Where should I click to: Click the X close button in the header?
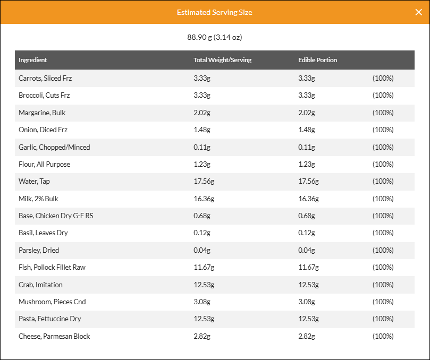418,12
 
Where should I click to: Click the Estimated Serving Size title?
214,12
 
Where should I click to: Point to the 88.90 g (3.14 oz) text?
214,37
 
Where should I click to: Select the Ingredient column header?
32,60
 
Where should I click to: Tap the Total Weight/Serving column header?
222,60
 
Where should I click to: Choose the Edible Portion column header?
317,60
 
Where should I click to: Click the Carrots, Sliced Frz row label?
45,79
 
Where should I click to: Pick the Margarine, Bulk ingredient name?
42,113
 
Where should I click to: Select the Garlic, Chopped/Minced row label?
54,147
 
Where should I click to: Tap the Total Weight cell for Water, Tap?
204,182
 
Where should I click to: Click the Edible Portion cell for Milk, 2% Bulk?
308,199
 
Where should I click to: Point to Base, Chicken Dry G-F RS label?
56,216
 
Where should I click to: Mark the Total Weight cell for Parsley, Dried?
202,250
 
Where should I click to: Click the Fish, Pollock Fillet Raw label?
52,268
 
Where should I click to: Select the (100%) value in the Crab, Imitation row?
383,285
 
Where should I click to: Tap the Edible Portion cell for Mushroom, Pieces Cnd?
307,302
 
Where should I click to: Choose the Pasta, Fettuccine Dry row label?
49,319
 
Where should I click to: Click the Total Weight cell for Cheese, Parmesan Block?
202,336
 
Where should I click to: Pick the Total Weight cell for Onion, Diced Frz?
202,130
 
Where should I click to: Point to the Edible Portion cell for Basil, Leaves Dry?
307,233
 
